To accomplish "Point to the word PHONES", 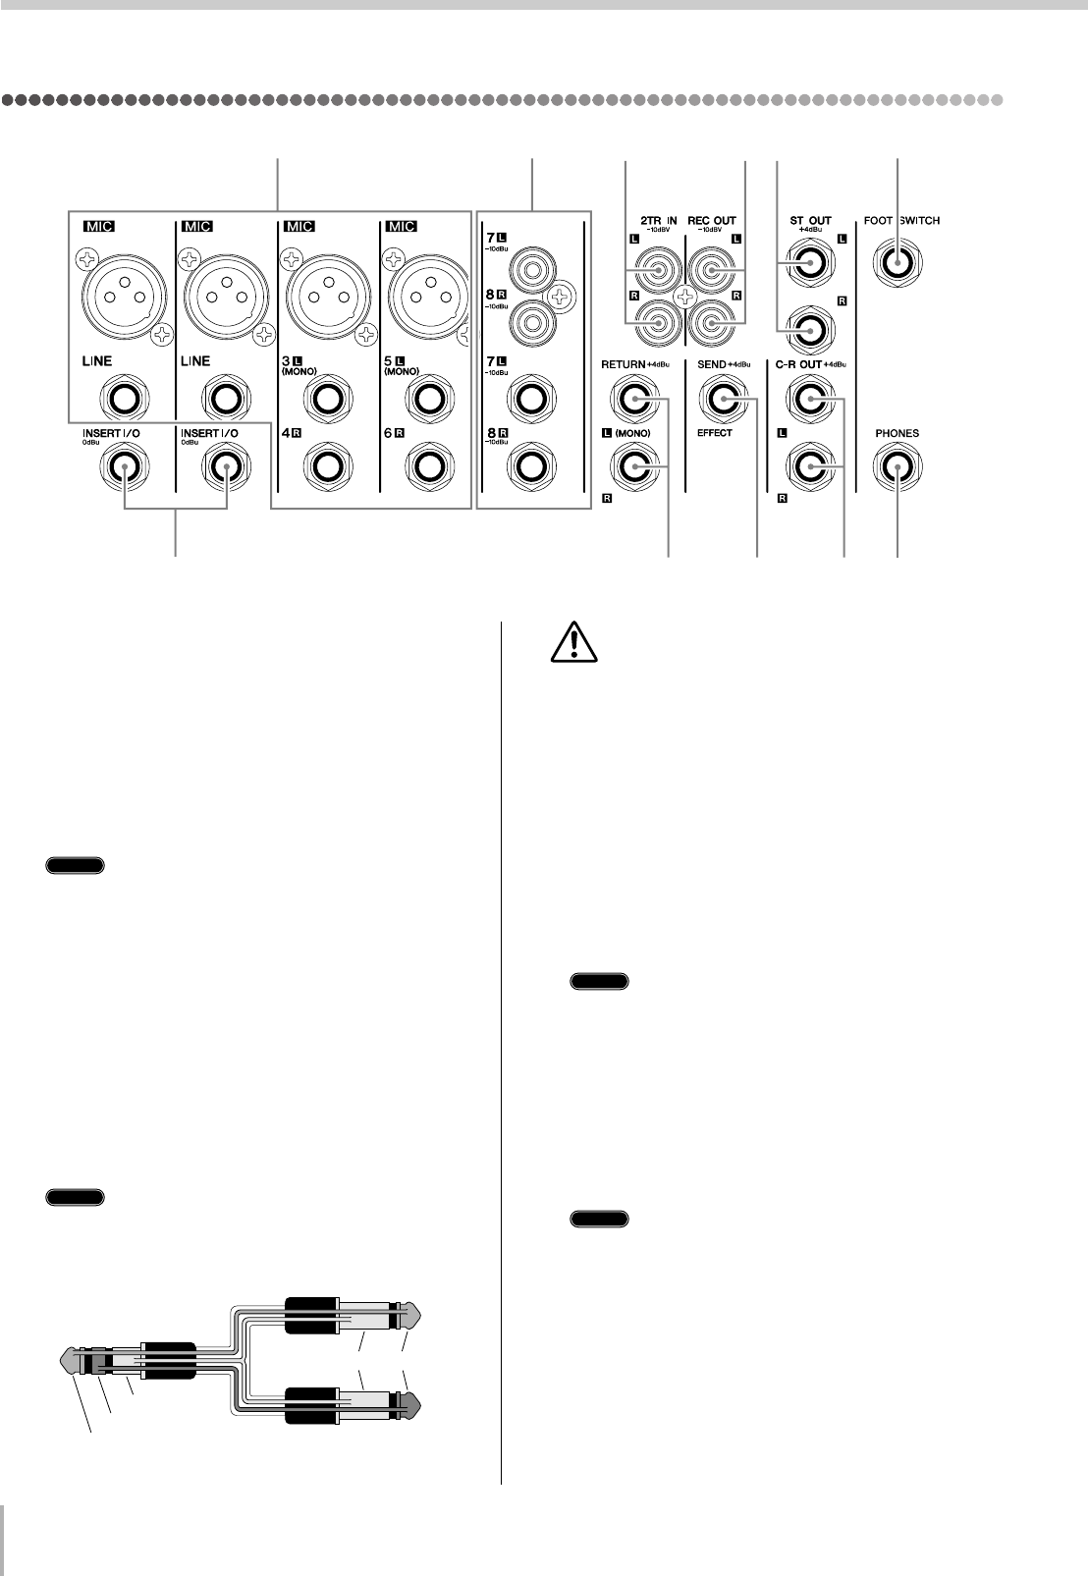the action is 898,433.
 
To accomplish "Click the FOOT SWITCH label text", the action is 900,221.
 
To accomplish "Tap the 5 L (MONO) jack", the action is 425,400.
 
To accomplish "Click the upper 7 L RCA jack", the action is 528,265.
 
